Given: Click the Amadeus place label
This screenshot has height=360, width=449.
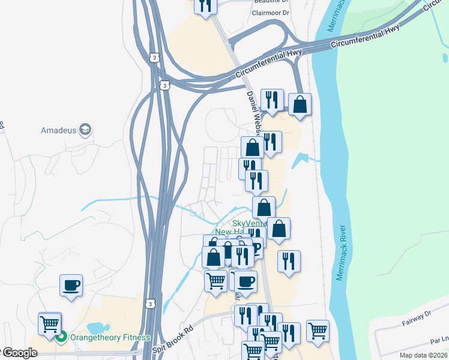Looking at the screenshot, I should pyautogui.click(x=59, y=130).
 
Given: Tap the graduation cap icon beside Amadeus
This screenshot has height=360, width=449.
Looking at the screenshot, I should pyautogui.click(x=85, y=130).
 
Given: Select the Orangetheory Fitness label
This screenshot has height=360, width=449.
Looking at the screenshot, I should pyautogui.click(x=110, y=337).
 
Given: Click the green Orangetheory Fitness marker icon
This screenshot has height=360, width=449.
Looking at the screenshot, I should pyautogui.click(x=61, y=337).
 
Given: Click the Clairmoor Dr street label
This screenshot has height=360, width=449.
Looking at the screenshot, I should pyautogui.click(x=271, y=12).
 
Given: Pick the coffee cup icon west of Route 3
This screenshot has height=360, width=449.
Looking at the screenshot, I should pyautogui.click(x=71, y=284).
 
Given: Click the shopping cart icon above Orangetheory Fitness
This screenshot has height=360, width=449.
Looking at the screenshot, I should pyautogui.click(x=50, y=323).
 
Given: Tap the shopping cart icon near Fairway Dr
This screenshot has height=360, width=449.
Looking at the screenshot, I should pyautogui.click(x=318, y=329).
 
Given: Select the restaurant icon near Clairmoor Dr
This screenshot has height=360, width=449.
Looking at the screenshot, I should pyautogui.click(x=205, y=6).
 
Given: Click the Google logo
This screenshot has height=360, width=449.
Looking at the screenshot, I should pyautogui.click(x=20, y=353).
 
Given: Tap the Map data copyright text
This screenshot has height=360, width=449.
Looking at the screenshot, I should pyautogui.click(x=423, y=355).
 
